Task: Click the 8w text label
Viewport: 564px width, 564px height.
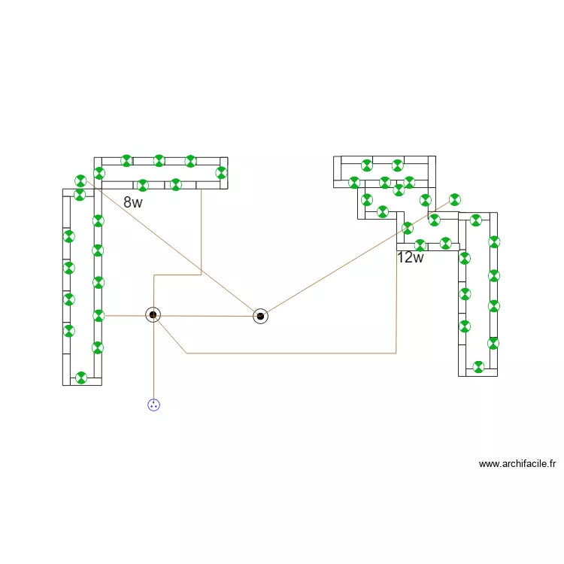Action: click(133, 202)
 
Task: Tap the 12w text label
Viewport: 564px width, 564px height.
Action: click(411, 258)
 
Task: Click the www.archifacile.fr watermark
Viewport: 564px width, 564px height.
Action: click(517, 464)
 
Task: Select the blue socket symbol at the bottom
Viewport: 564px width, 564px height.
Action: click(153, 405)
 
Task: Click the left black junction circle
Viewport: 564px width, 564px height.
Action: click(153, 314)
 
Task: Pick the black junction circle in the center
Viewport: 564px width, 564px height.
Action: click(260, 316)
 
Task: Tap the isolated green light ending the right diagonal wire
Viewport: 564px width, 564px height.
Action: click(454, 199)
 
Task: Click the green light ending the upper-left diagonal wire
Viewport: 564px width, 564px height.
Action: click(81, 180)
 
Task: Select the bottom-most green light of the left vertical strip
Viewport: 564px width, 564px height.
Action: click(81, 378)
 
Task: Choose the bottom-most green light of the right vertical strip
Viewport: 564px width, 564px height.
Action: click(478, 367)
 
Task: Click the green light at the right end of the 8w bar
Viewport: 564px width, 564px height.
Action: click(221, 173)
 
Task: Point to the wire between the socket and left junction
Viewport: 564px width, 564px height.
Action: click(153, 361)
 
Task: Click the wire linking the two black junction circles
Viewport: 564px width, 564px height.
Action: click(207, 316)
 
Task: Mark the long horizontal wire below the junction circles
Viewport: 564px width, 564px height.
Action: click(293, 353)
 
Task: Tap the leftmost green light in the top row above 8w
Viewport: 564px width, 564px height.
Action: click(126, 160)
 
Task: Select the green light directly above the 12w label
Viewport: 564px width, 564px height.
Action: click(420, 244)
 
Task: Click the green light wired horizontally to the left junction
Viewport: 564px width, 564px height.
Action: click(99, 315)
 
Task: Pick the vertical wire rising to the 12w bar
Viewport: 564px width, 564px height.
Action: click(396, 301)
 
